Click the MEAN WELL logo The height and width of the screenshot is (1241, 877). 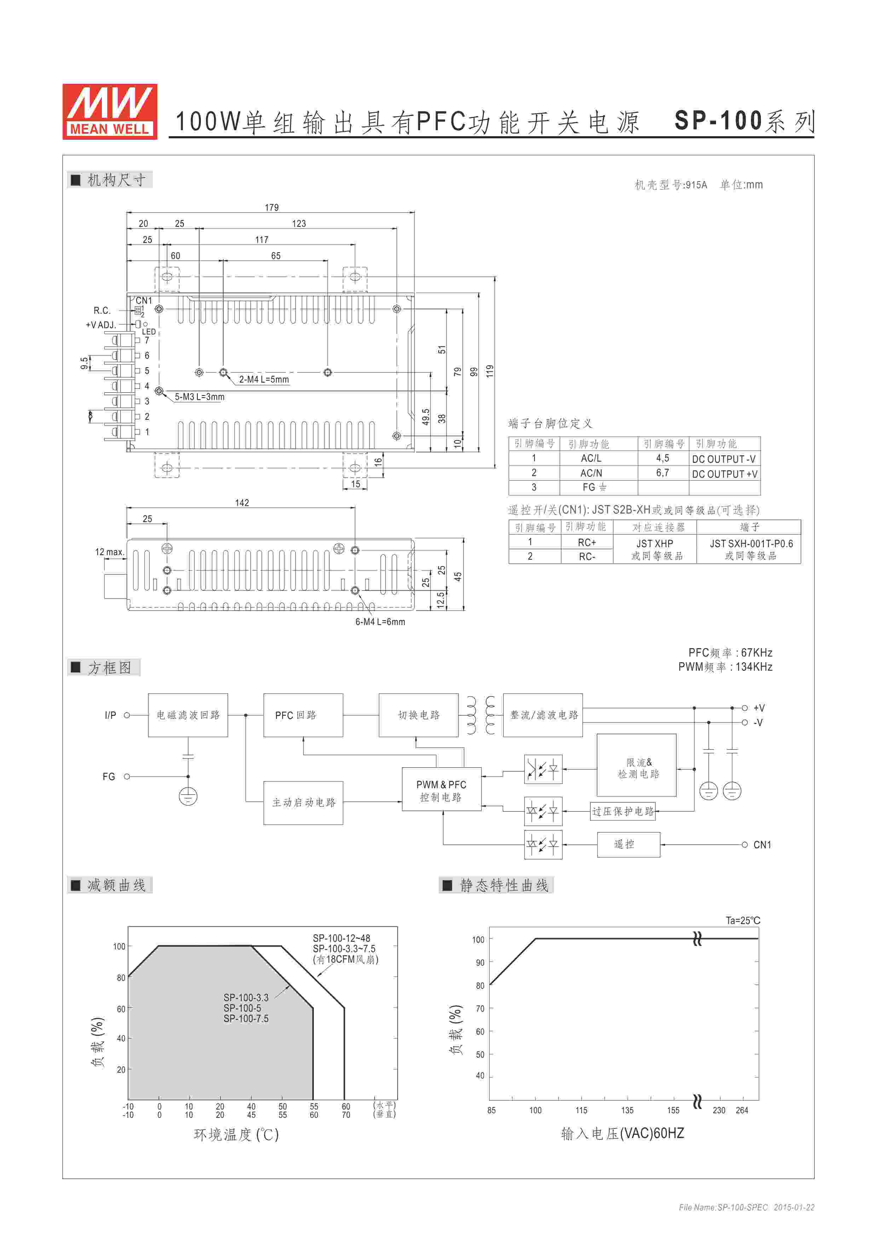click(x=110, y=111)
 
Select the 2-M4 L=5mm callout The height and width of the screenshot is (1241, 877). click(x=264, y=380)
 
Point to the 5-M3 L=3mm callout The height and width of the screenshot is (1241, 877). click(x=200, y=397)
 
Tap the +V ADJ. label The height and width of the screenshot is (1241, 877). click(x=100, y=325)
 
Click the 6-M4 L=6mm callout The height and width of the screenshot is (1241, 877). click(x=380, y=622)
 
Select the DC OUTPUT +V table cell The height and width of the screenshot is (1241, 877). click(x=724, y=474)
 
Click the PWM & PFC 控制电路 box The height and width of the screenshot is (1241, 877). click(x=441, y=791)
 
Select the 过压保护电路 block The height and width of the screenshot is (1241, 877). click(x=623, y=811)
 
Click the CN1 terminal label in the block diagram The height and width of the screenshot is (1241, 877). click(x=762, y=845)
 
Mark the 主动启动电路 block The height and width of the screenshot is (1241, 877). click(x=303, y=803)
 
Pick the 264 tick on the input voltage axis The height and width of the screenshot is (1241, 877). click(x=742, y=1110)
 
